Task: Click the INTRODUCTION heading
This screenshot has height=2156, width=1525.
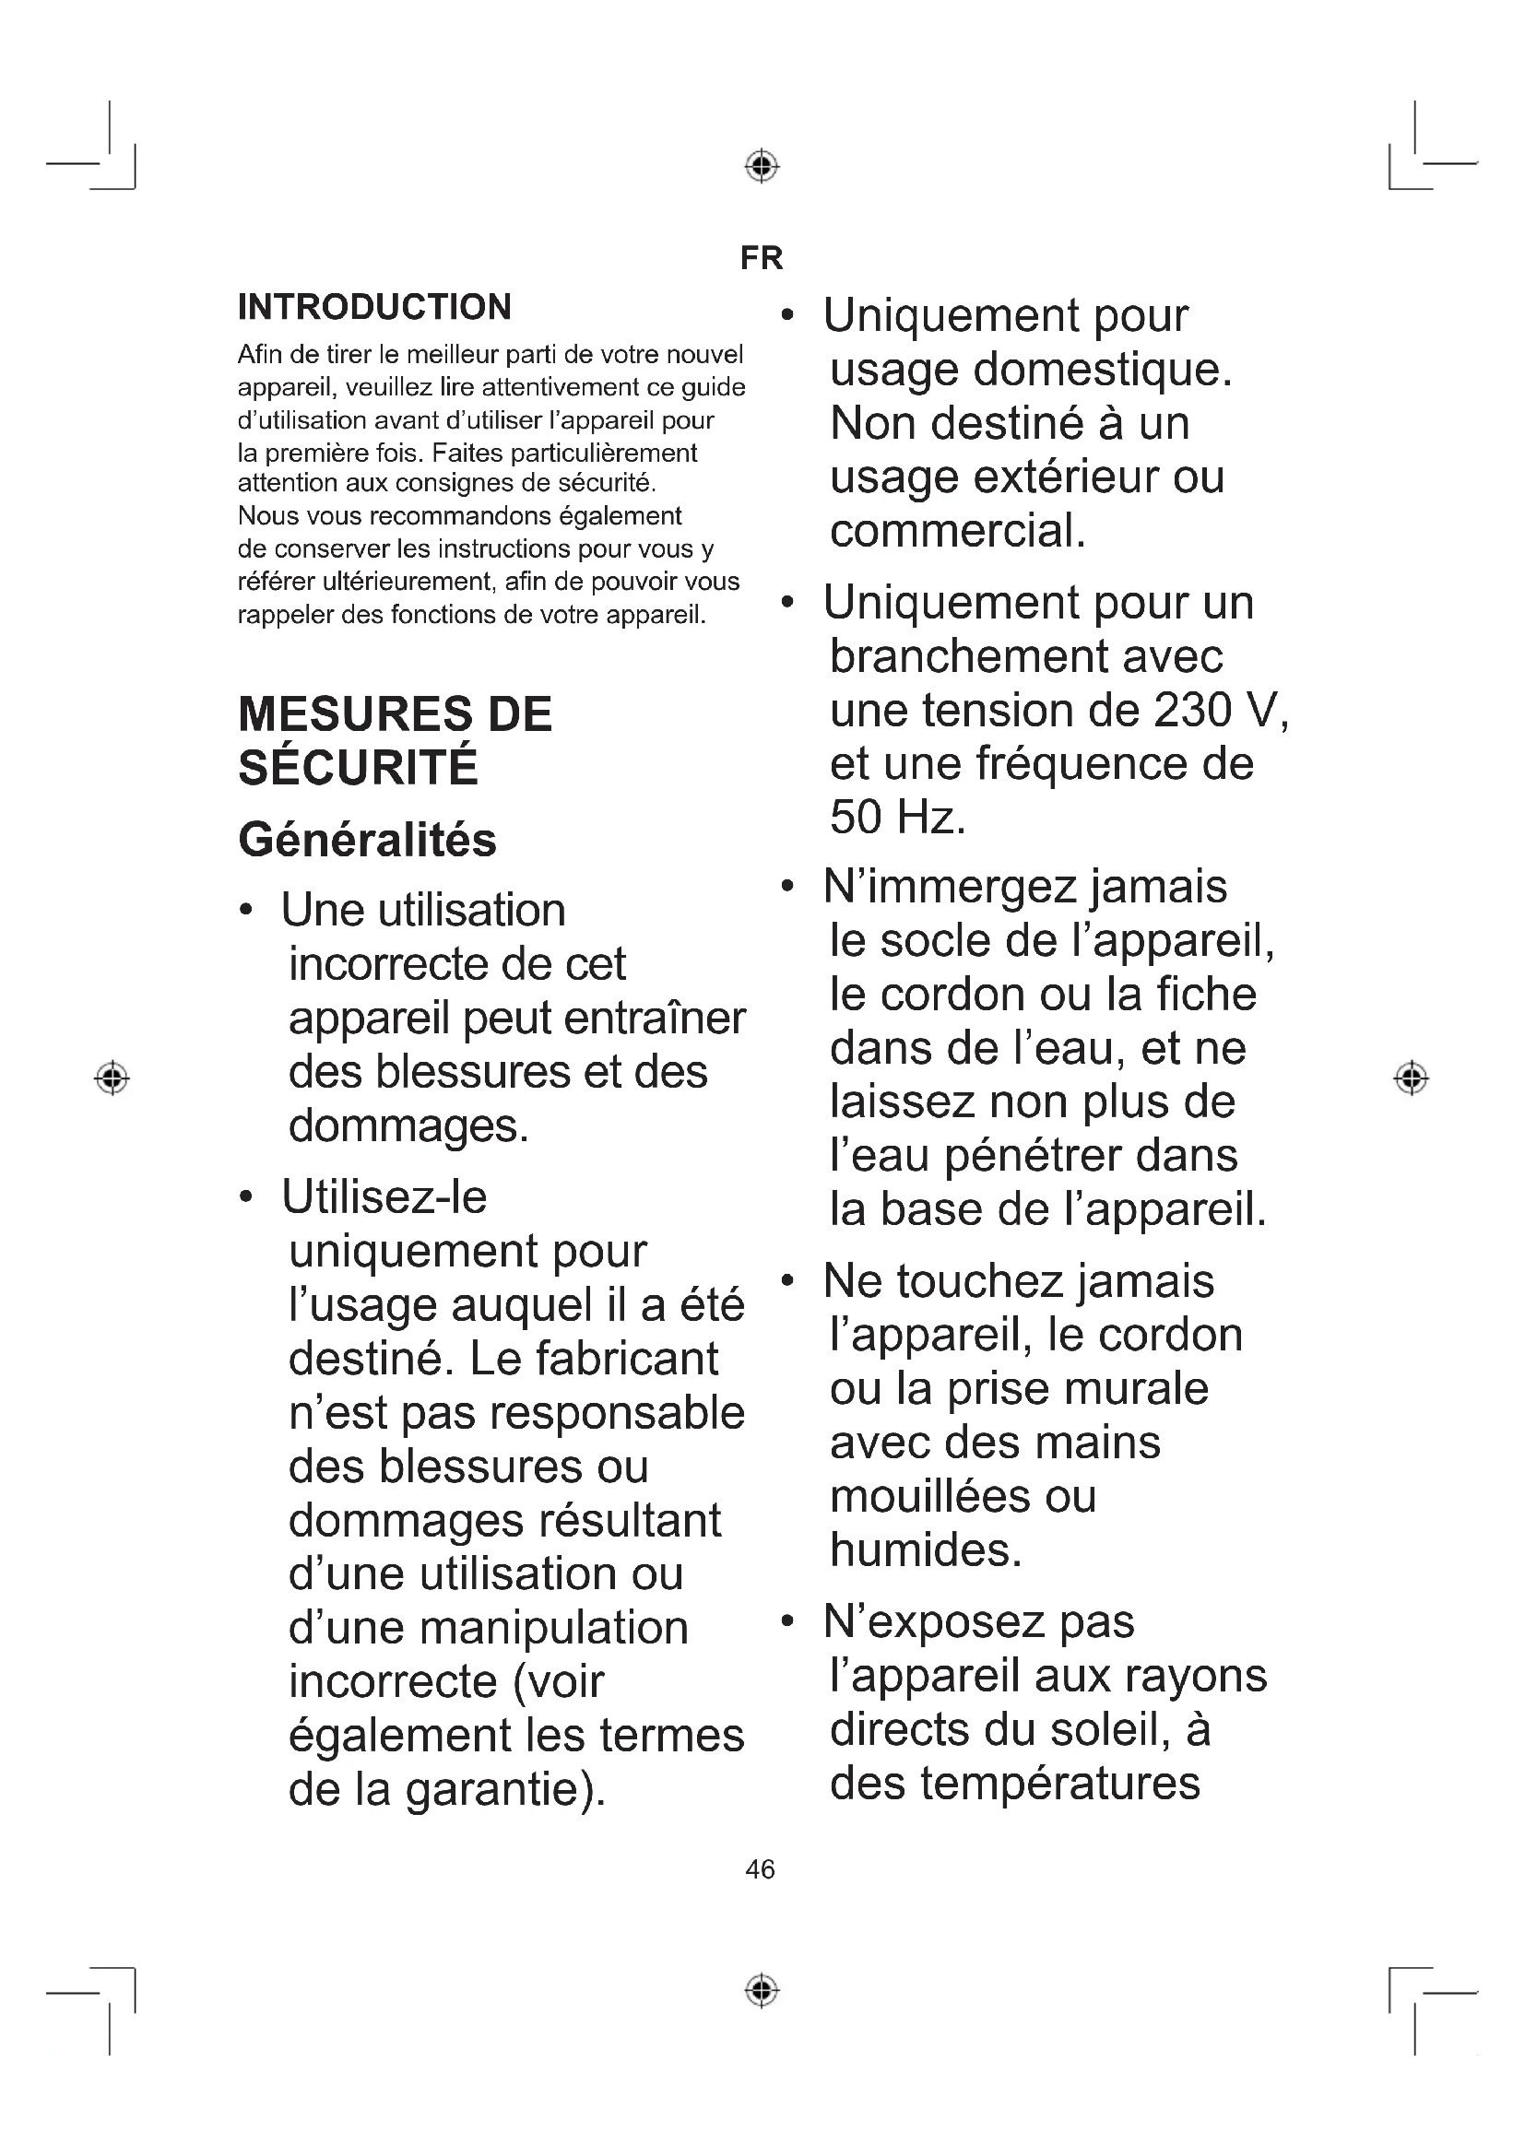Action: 374,307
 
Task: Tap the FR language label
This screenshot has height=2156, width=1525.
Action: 761,258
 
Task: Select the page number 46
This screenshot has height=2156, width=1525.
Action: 760,1868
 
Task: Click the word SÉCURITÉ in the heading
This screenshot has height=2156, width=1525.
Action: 358,767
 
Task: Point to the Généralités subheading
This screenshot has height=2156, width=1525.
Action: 367,840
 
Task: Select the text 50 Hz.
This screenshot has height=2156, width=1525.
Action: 896,817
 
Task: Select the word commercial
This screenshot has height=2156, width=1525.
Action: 956,531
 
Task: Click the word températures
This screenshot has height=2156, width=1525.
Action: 1060,1784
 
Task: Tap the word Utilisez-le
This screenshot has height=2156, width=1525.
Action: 384,1197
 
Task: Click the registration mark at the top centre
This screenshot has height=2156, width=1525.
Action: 762,166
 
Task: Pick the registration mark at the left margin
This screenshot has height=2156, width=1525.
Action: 112,1078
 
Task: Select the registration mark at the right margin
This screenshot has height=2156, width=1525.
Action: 1412,1078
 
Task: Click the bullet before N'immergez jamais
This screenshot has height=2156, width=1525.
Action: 786,886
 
